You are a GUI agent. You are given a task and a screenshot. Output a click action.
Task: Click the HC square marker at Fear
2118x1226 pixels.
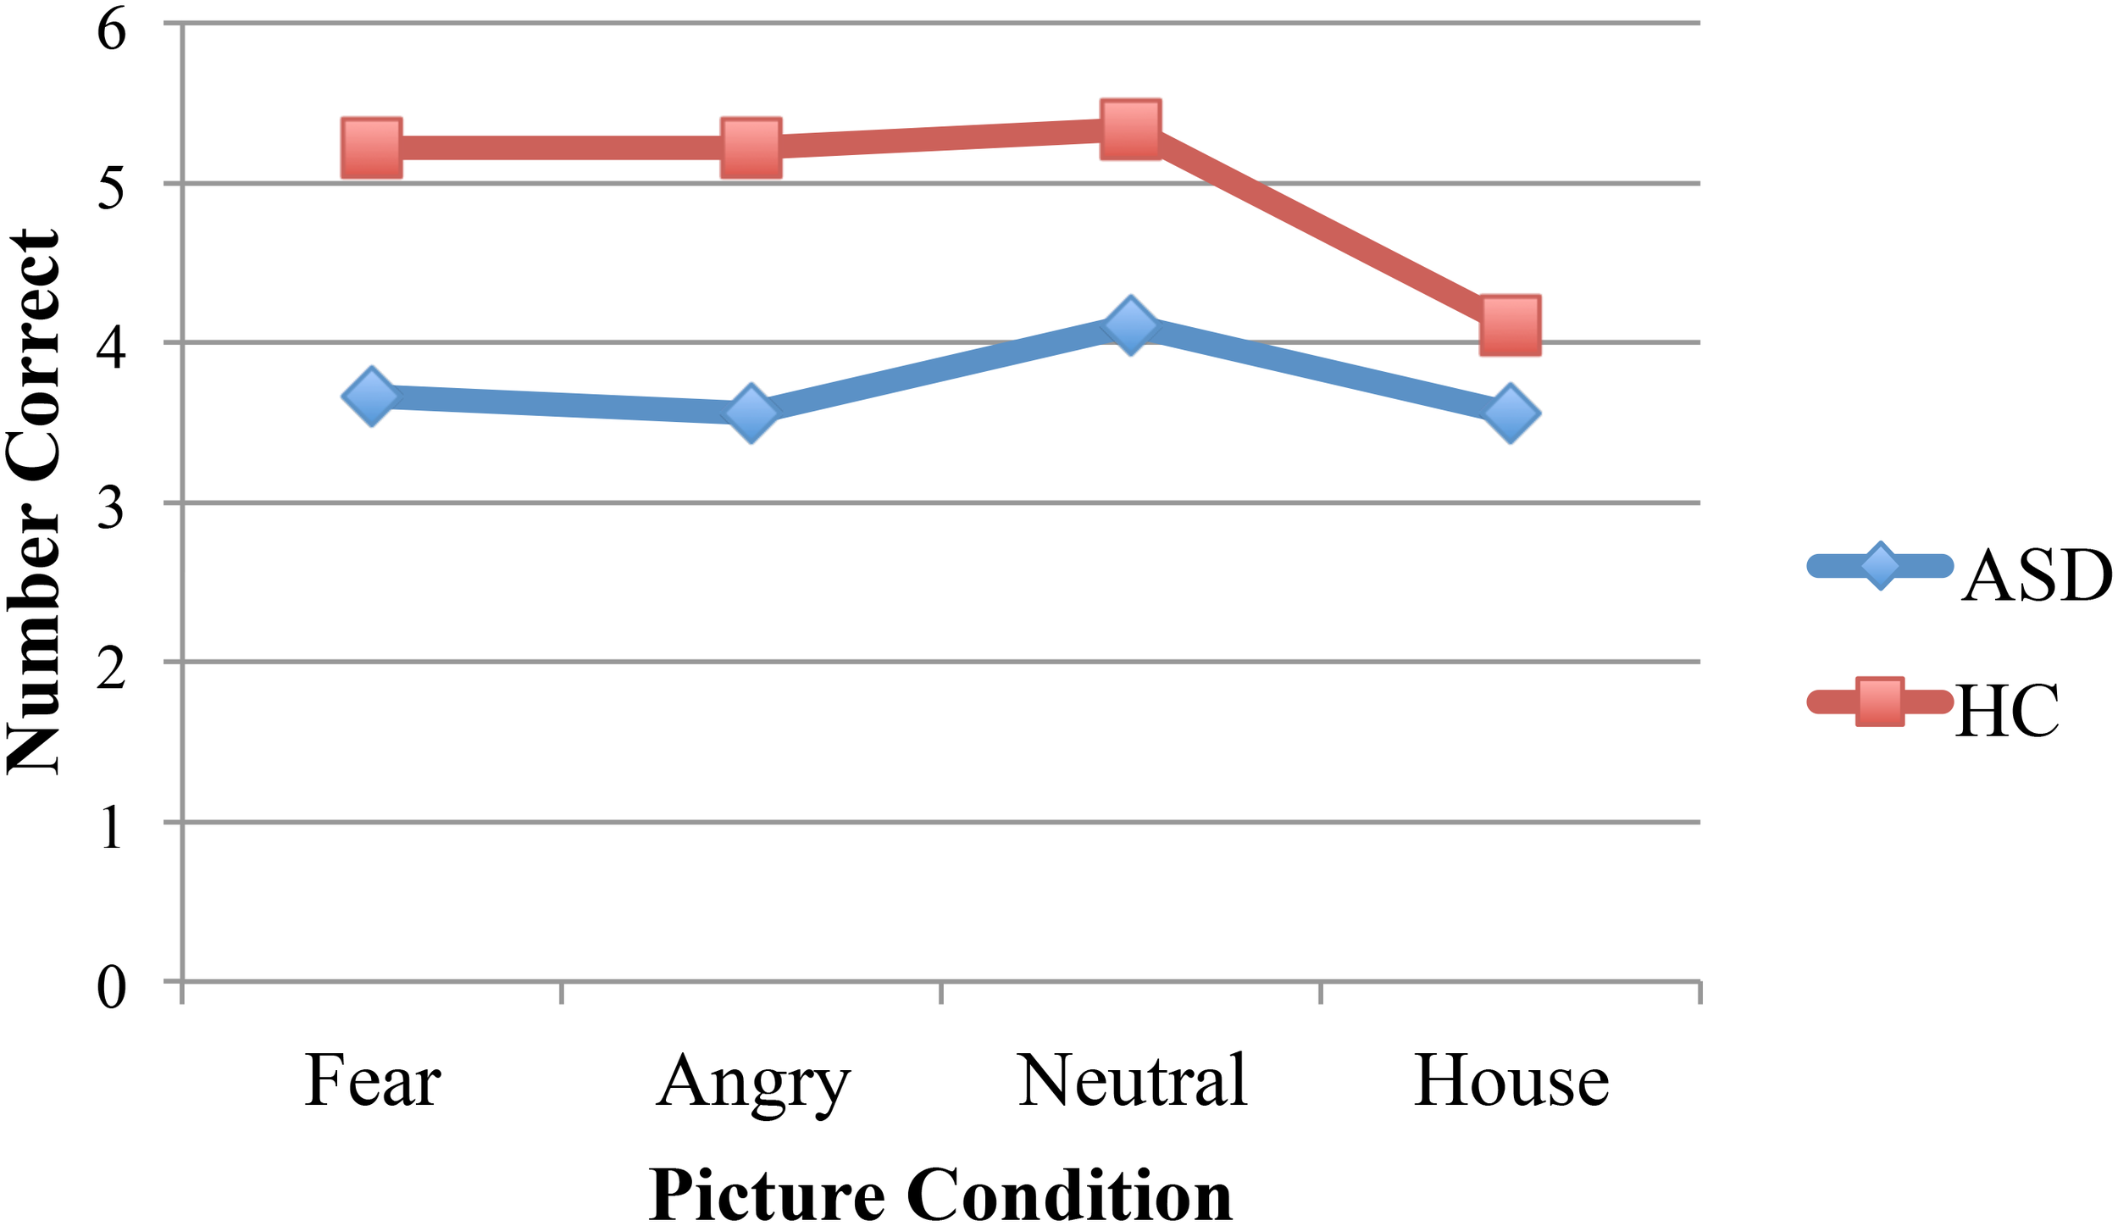[372, 148]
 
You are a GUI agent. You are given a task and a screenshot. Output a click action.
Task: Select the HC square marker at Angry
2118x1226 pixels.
[751, 148]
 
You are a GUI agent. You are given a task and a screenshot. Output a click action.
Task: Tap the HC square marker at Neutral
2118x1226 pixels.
[1131, 130]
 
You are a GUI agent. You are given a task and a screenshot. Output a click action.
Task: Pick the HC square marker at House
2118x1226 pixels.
[1511, 325]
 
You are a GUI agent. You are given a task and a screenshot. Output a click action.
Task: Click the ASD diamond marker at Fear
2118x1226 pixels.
[372, 397]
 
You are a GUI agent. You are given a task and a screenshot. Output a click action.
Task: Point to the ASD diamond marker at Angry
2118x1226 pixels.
[751, 413]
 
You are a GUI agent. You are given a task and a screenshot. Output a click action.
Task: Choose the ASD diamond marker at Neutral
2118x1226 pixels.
[1131, 325]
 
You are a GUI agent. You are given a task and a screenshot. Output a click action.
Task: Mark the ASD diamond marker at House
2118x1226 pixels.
[1511, 413]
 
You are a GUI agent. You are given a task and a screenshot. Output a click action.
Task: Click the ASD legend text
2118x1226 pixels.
[2036, 576]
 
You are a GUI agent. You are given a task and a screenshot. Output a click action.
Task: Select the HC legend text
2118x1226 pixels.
[2006, 712]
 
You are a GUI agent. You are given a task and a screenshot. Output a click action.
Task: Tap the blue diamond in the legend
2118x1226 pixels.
[1880, 566]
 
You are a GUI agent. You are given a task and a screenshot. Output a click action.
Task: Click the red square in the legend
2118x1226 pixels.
[1880, 702]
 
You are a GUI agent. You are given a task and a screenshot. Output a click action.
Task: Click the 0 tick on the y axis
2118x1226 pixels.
[112, 987]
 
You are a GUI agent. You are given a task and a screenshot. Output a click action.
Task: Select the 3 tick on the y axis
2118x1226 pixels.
[112, 508]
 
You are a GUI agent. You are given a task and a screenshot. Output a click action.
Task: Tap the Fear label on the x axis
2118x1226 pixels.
[373, 1082]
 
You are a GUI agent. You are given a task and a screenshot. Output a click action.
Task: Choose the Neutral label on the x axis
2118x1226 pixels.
[1132, 1082]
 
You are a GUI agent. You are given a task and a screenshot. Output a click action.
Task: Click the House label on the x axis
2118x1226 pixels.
[1511, 1082]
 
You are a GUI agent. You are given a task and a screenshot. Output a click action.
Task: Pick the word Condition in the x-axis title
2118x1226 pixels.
[1069, 1195]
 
